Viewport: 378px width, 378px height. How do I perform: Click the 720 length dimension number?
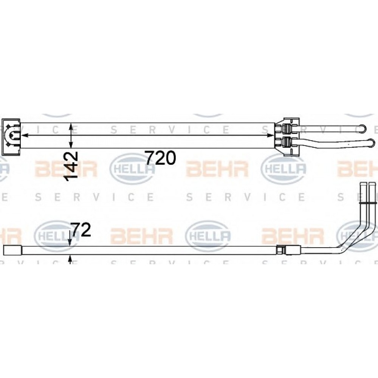click(x=161, y=158)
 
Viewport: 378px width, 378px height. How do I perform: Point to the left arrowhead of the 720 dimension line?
click(x=24, y=135)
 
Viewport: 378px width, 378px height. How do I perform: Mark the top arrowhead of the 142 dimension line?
click(x=71, y=126)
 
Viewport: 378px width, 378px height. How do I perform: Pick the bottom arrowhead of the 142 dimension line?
click(x=71, y=144)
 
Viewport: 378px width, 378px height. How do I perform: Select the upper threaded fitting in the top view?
click(x=287, y=129)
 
